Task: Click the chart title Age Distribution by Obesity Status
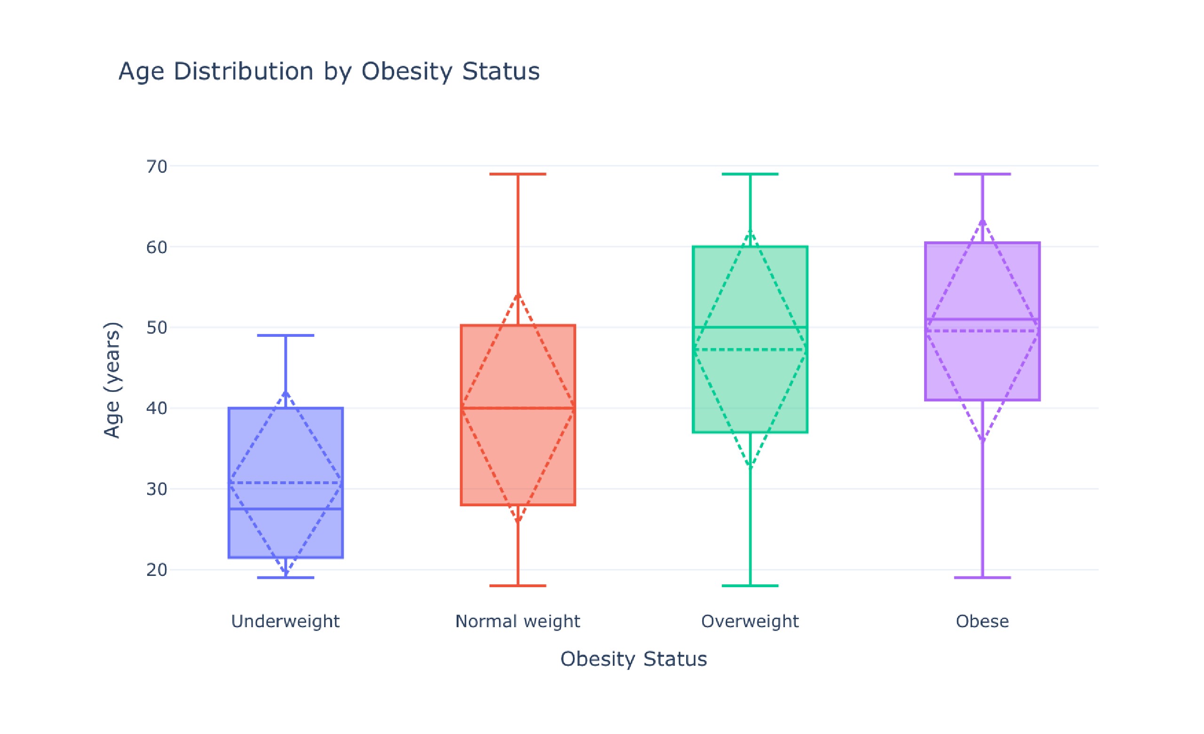coord(329,72)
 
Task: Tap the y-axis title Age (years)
coord(112,380)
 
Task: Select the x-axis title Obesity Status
coord(633,659)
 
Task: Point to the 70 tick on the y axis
coord(156,167)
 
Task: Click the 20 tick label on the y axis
coord(156,570)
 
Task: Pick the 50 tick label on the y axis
coord(156,328)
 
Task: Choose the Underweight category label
coord(285,622)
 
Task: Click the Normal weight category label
coord(517,622)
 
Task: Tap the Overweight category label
coord(750,622)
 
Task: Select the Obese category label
coord(982,622)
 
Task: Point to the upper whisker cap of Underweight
coord(285,336)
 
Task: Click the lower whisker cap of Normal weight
coord(517,585)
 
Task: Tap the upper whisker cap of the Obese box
coord(982,174)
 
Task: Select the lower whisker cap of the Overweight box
coord(750,585)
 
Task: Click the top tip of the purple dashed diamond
coord(982,221)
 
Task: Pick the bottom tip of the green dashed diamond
coord(750,467)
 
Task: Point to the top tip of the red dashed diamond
coord(517,294)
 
